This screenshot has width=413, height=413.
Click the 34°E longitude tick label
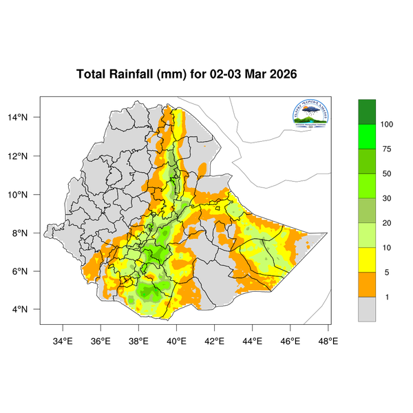[63, 340]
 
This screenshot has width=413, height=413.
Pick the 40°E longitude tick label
[176, 340]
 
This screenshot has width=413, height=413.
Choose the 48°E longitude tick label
[328, 340]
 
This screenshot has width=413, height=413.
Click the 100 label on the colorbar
[387, 124]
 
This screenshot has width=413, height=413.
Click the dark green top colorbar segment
[367, 111]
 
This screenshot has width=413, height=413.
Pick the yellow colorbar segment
[367, 260]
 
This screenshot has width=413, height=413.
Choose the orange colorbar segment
[367, 284]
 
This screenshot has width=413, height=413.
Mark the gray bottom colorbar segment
[367, 309]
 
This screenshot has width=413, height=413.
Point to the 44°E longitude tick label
[252, 340]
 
